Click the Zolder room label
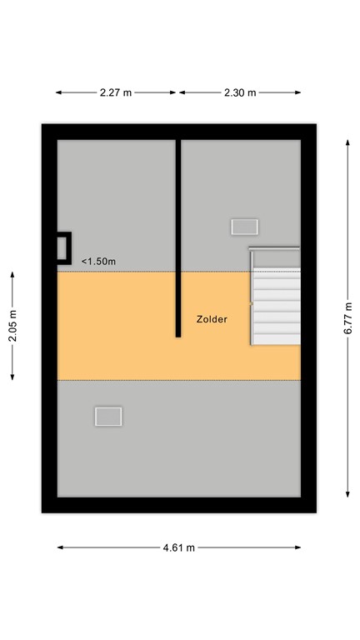pos(212,319)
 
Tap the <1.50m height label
pos(98,262)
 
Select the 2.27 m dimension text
pos(116,92)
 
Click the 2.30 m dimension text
pos(240,92)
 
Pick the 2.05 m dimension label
pos(12,326)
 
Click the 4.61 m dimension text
pos(179,547)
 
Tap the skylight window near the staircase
pos(245,226)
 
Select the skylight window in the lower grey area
pos(108,416)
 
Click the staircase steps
pos(276,305)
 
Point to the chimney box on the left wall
pos(63,247)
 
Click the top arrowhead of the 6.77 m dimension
pos(347,142)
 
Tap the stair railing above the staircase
pos(274,248)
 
